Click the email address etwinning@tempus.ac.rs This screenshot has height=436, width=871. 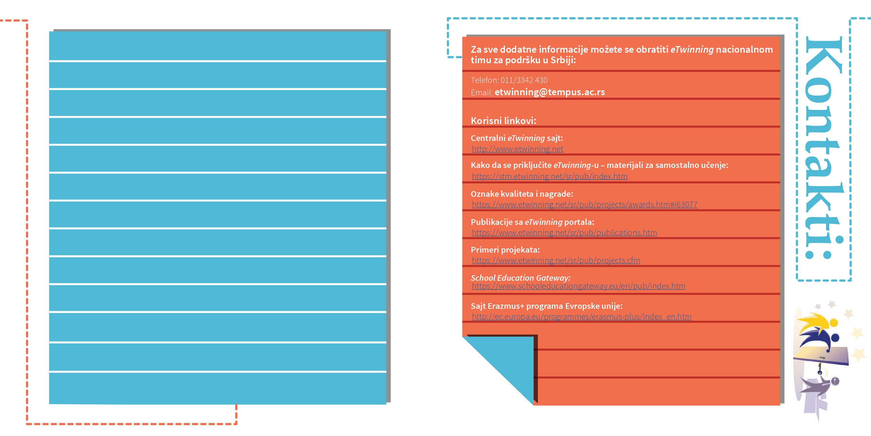click(550, 92)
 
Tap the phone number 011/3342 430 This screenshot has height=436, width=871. click(524, 80)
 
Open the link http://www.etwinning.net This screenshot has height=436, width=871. click(517, 149)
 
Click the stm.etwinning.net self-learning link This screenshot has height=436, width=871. click(550, 176)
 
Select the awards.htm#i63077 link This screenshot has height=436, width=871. click(585, 204)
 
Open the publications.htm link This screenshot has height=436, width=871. click(565, 233)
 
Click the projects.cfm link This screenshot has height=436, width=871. click(556, 260)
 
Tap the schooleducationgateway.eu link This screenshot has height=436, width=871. click(579, 286)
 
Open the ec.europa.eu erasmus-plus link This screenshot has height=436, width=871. click(582, 317)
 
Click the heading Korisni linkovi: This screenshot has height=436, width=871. click(503, 121)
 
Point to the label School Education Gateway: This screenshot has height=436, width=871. click(521, 278)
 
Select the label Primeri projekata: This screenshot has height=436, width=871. click(505, 250)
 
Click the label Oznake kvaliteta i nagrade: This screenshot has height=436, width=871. click(522, 194)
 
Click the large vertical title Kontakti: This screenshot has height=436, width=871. click(824, 148)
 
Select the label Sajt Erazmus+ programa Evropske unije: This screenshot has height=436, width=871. click(547, 306)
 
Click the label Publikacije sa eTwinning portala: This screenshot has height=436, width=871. click(533, 222)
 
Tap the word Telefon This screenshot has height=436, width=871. click(484, 80)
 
